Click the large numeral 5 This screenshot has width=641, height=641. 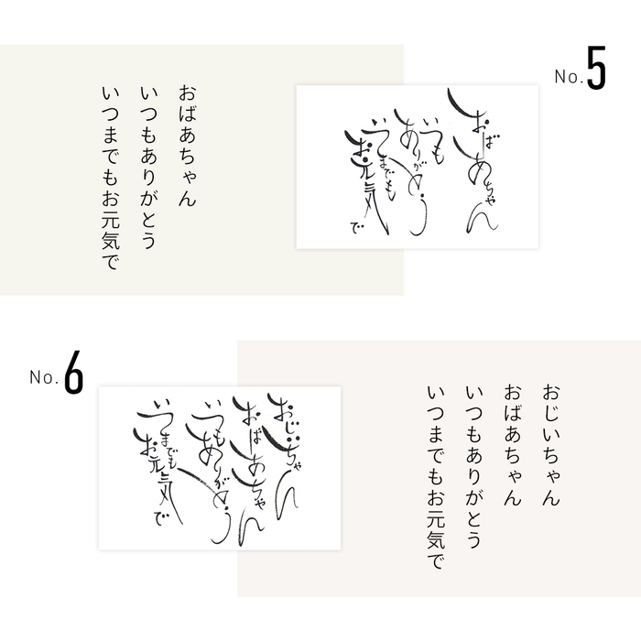click(x=595, y=76)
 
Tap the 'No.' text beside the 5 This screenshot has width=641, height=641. click(x=568, y=80)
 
